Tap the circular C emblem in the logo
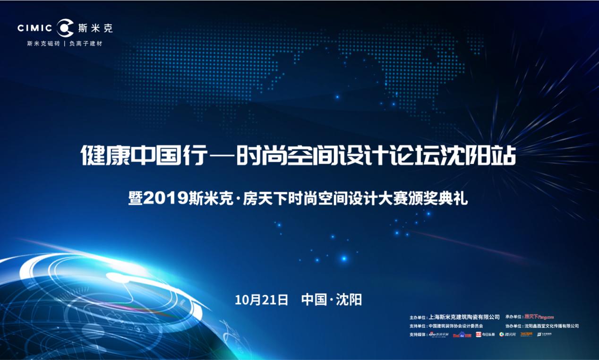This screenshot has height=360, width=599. click(x=65, y=28)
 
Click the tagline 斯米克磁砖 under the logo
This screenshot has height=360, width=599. click(x=43, y=43)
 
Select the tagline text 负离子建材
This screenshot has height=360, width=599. click(x=86, y=43)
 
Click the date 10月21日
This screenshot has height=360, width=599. click(x=261, y=300)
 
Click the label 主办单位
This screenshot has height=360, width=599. click(x=418, y=317)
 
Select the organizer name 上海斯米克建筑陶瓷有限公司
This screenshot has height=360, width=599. click(x=464, y=317)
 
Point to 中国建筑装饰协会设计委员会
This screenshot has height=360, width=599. click(x=456, y=326)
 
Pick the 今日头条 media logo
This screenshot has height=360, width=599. click(x=485, y=334)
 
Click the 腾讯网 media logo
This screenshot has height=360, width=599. click(x=508, y=334)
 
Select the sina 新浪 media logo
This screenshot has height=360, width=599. click(x=438, y=334)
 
